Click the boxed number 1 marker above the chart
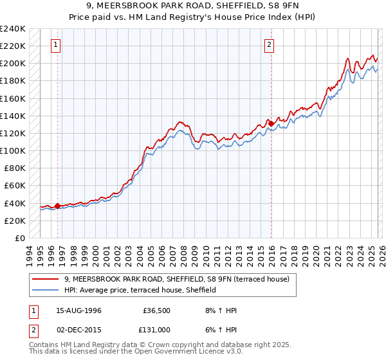(57, 45)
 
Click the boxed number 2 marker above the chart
(269, 45)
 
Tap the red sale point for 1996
(58, 206)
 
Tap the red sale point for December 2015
(271, 123)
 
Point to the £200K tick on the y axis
(13, 64)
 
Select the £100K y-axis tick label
(13, 150)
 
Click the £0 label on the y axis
(19, 238)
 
